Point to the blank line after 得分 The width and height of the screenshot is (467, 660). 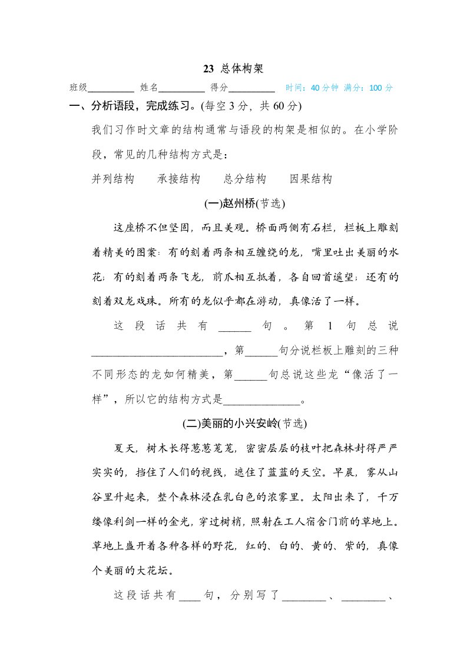point(251,88)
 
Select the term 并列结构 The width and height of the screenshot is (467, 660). point(114,179)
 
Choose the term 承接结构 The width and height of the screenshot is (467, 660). point(179,179)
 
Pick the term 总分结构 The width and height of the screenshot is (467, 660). point(245,179)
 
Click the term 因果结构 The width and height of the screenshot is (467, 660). point(311,179)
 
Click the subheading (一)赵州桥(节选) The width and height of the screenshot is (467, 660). point(244,204)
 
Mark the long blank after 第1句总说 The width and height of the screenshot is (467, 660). point(158,352)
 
